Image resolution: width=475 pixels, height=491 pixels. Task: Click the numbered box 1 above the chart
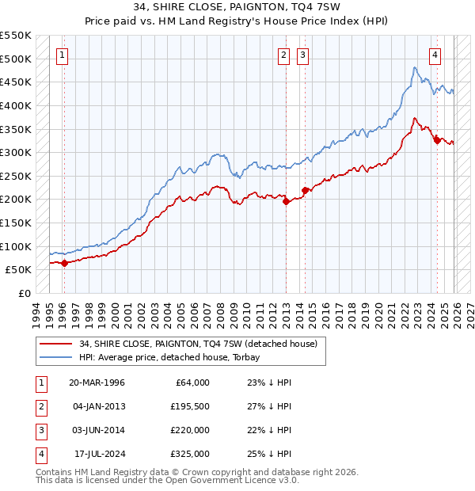(63, 55)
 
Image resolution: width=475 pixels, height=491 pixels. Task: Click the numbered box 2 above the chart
(283, 55)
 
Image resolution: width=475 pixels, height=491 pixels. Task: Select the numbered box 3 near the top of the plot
(302, 55)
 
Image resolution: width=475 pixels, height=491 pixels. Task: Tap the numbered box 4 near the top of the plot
(435, 55)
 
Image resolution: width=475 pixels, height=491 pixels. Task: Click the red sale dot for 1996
(64, 264)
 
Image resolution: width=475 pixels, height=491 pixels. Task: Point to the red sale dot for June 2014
(305, 190)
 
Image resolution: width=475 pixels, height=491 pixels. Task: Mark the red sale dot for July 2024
(437, 141)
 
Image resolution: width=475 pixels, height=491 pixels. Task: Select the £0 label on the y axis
(23, 293)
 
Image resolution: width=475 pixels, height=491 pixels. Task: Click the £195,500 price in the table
(190, 406)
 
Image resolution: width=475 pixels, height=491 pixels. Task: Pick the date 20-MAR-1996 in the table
(97, 383)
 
